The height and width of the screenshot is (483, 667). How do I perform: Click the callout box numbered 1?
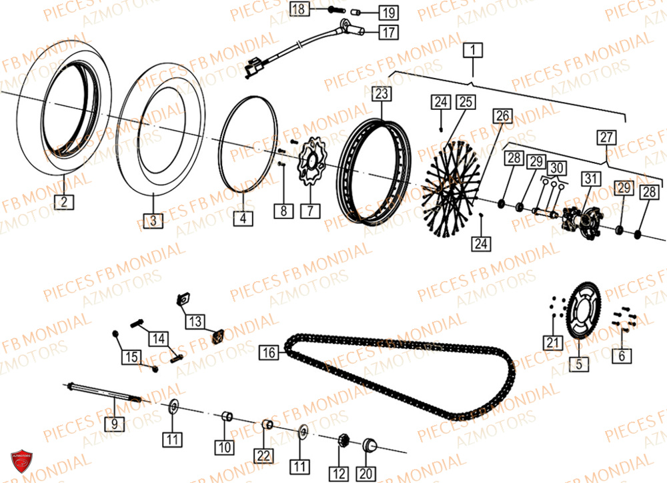(472, 49)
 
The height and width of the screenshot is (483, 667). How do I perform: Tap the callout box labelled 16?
(269, 352)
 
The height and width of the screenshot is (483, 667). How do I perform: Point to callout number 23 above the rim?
(381, 93)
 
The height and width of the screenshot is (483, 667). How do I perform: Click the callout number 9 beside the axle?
(114, 422)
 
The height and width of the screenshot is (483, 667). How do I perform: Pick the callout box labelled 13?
(195, 322)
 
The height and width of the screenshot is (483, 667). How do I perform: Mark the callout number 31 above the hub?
(590, 179)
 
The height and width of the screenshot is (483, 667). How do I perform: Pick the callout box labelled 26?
(503, 116)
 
